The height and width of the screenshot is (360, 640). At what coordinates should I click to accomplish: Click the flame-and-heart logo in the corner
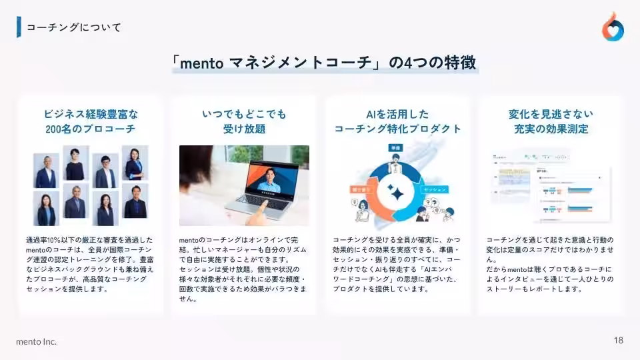coord(613,27)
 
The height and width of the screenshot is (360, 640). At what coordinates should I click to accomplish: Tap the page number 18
coord(619,340)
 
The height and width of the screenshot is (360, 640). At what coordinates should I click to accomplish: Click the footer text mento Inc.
coord(37,341)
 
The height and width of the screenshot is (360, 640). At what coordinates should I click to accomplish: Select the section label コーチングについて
coord(73,27)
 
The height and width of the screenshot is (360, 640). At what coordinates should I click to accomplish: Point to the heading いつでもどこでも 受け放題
coord(244,121)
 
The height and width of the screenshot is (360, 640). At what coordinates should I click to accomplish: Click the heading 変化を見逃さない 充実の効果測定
coord(551,121)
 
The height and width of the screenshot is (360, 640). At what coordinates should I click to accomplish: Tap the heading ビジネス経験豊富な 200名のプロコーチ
coord(91,121)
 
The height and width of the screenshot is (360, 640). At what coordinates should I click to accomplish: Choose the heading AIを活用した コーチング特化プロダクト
coord(397,121)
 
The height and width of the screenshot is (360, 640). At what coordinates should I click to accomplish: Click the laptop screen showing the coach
coord(271,178)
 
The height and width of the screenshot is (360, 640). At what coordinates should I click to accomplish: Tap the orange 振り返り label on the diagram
coord(360,189)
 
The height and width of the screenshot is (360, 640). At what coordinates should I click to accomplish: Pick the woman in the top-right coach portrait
coord(134,163)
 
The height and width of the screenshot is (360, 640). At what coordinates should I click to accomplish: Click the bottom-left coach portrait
coord(47,209)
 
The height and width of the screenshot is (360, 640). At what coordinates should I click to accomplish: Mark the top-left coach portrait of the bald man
coord(47,170)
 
